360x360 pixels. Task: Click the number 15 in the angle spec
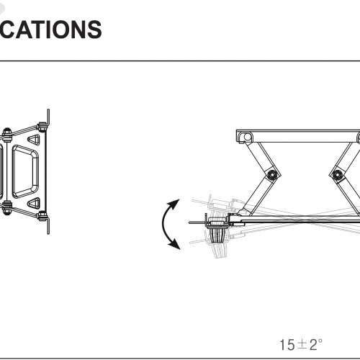coord(287,344)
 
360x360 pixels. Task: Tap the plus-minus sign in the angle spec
coord(301,344)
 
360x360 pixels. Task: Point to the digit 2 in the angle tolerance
coord(312,344)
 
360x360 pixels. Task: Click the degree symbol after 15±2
coord(320,340)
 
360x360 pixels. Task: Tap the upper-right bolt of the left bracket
coord(42,127)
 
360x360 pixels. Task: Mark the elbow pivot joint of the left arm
coord(271,175)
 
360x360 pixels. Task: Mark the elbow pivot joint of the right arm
coord(336,173)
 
